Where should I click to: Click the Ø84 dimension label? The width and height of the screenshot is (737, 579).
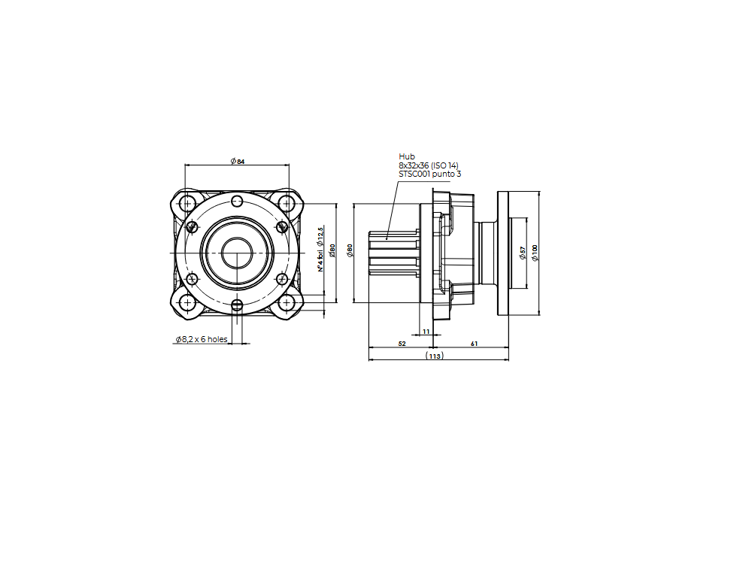point(238,161)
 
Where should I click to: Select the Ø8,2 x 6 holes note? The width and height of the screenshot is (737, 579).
point(202,339)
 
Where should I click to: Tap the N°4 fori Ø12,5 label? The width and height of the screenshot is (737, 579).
point(320,249)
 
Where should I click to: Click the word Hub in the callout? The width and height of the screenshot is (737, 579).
point(407,156)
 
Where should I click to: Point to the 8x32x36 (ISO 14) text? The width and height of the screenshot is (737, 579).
point(428,165)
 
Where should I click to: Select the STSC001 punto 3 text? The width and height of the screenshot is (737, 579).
point(429,174)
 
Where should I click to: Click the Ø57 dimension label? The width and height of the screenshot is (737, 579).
point(522,253)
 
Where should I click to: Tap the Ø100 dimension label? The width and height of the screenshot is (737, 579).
point(535,253)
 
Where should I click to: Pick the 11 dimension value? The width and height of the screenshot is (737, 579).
point(426,332)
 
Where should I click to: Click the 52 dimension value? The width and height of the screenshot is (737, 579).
point(402,344)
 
